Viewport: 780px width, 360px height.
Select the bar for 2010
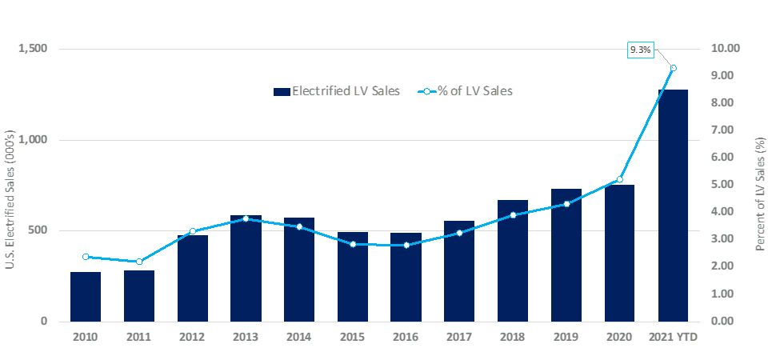[86, 297]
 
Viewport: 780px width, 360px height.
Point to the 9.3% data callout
[641, 50]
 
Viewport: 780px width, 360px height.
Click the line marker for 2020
[619, 179]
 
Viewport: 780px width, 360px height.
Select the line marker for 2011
[139, 262]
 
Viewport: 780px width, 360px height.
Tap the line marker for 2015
[353, 244]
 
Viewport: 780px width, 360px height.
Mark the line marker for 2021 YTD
[674, 68]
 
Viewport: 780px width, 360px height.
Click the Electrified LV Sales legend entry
[336, 91]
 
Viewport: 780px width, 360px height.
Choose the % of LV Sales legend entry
[467, 91]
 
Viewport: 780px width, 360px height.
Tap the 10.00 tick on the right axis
[726, 49]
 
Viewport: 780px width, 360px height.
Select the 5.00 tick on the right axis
[726, 185]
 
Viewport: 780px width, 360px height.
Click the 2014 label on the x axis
[299, 337]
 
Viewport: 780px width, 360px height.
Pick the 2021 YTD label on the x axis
[673, 337]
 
